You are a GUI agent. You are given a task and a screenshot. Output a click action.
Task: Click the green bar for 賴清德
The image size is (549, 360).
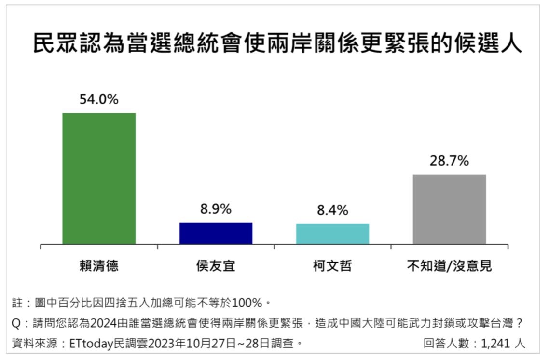coord(99,179)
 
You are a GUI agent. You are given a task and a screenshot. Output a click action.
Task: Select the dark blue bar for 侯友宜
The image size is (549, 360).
coord(216,234)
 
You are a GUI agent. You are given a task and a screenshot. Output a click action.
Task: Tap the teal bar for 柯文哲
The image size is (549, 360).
coord(332,234)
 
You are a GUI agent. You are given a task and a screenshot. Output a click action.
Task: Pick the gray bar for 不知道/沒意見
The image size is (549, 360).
coord(449,209)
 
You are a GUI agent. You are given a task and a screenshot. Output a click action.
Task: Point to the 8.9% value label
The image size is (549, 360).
coord(216,209)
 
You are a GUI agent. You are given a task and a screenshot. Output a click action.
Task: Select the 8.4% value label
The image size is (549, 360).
coord(332,210)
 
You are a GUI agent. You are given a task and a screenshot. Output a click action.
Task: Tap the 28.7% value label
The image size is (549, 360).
coord(449,161)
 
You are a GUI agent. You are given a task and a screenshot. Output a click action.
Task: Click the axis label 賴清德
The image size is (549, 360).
coord(99,266)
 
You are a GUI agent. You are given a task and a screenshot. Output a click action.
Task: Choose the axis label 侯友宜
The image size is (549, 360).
coord(216,266)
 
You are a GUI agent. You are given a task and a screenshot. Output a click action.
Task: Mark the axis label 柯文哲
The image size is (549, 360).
coord(332,266)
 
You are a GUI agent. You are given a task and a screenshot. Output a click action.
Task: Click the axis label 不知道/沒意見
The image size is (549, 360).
coord(449,266)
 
